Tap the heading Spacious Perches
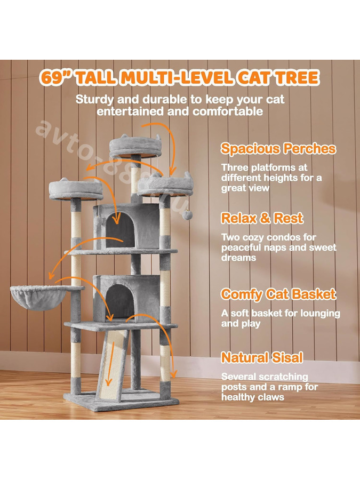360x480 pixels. coord(278,148)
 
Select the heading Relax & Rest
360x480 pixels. coord(262,218)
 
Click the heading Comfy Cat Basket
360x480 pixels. coord(278,294)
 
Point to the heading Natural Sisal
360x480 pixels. coord(262,357)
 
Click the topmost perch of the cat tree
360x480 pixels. coord(135,146)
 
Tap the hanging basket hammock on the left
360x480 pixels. coord(38,298)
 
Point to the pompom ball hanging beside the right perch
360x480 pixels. coord(187,214)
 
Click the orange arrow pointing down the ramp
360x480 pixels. coord(110,364)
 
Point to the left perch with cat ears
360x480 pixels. coord(76,189)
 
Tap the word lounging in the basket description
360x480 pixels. coord(320,314)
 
